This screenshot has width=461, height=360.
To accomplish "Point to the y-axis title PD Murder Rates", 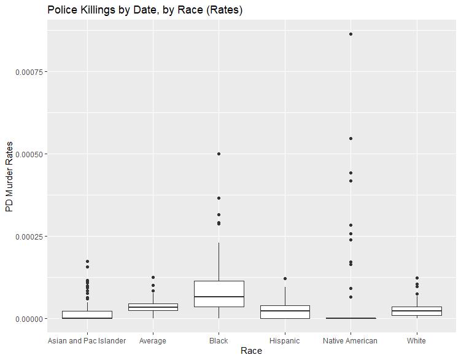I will pos(9,176).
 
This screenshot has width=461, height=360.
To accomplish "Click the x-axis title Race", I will pos(251,351).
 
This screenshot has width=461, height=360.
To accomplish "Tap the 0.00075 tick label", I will pos(30,72).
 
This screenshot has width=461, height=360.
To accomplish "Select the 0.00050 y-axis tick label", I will pos(30,154).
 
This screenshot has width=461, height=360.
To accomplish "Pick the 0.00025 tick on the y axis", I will pos(30,237).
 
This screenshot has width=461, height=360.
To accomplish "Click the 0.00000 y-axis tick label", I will pos(30,319).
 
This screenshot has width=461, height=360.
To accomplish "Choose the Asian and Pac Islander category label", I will pos(87,340).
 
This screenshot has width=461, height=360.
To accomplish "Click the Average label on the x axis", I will pos(153,340).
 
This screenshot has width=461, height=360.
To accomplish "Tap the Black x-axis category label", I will pos(219,340).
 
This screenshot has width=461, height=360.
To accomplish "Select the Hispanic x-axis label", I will pos(285,340).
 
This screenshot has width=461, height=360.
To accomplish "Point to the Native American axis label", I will pos(350,340).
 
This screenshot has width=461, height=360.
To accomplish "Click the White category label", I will pos(416,340).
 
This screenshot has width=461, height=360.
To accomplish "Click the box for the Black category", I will pos(219,294).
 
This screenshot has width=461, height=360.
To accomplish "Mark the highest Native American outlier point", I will pos(351,34).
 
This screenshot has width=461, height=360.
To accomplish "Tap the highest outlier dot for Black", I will pos(219,154).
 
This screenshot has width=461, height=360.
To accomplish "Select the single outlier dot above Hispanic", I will pos(285,279).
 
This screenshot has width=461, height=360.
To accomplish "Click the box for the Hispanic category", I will pos(285,312).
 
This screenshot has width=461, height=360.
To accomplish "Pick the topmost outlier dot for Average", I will pos(153,278).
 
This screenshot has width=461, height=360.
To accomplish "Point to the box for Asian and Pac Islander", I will pos(87,315).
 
